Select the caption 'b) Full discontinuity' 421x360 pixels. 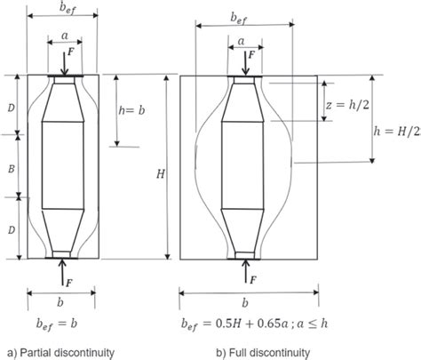(x=251, y=353)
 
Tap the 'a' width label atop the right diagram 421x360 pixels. (x=242, y=41)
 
